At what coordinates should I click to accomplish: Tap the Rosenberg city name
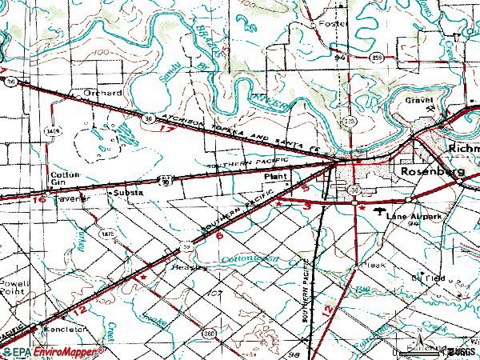point(432,172)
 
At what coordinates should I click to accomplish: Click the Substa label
point(128,194)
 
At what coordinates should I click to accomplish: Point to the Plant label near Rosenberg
point(275,173)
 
